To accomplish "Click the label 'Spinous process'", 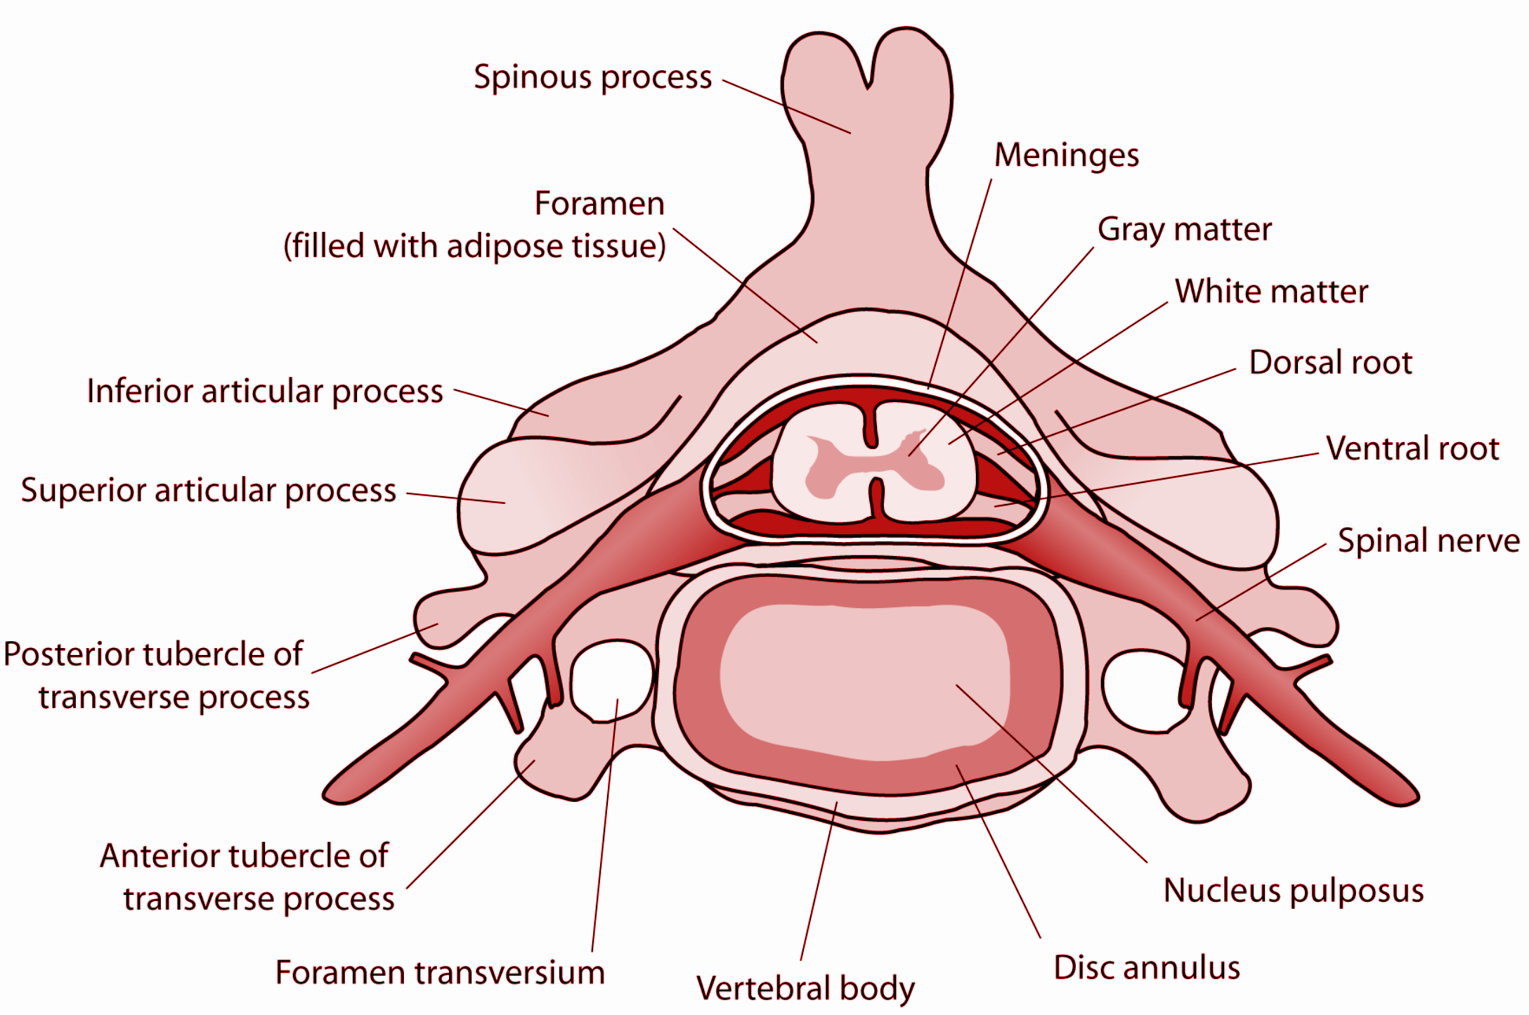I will (592, 77).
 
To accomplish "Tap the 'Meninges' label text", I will (1066, 155).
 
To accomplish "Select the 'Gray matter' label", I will (1184, 230).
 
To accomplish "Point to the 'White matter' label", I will (1271, 291).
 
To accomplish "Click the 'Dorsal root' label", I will (1330, 363).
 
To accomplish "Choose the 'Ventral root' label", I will (1412, 448).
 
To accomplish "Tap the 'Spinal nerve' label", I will (1428, 541).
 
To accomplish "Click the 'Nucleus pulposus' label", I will (1293, 891).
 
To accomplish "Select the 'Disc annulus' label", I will (1147, 967).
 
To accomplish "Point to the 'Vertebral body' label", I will (805, 988).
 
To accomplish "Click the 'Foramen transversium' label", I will (440, 973).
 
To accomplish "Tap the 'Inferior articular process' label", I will (265, 392).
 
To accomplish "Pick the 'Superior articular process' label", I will (209, 491).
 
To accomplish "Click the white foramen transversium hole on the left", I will (611, 680).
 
